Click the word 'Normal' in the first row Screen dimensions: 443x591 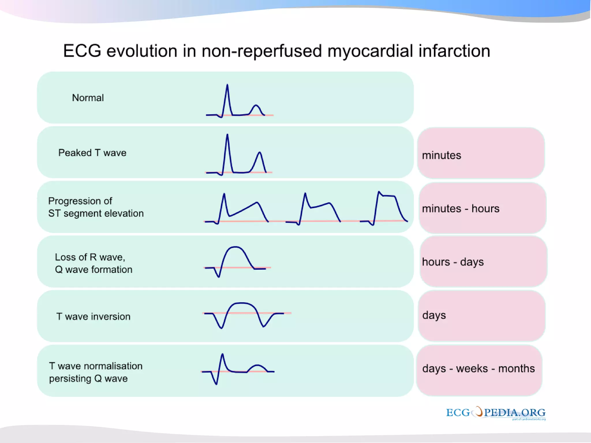(88, 98)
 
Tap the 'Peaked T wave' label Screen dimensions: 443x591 (92, 153)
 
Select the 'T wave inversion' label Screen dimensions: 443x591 (93, 316)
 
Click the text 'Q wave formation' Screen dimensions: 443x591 (93, 269)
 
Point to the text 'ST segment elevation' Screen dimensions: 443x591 (96, 213)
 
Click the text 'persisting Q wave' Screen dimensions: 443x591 (88, 378)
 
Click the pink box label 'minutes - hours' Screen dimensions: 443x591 (461, 209)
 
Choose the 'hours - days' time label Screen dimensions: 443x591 (453, 262)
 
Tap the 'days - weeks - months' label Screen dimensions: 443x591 (478, 369)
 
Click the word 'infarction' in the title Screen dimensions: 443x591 (454, 51)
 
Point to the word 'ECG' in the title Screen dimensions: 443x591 (82, 51)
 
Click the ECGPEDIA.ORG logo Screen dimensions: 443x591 (495, 413)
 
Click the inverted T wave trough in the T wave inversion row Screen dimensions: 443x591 (263, 326)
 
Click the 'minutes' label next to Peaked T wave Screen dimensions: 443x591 (442, 155)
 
